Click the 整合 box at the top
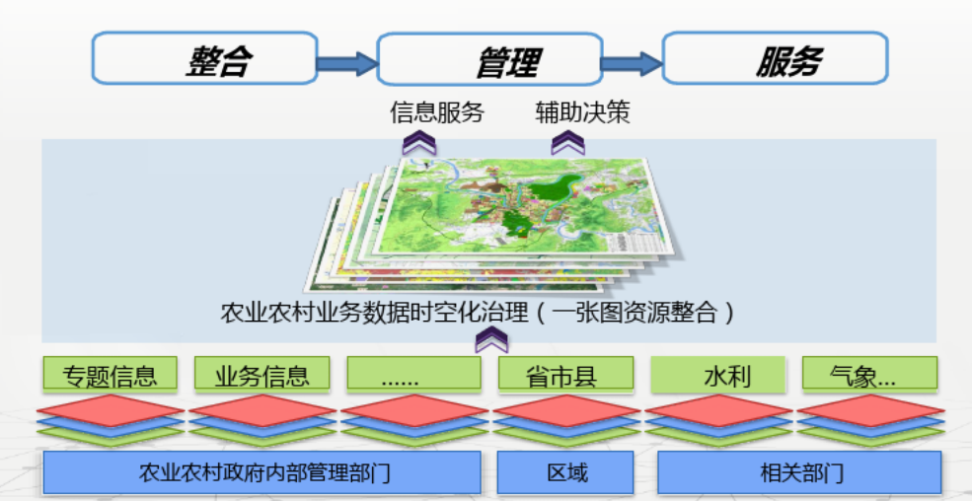click(x=204, y=58)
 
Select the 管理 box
click(x=489, y=58)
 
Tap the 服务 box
click(x=775, y=58)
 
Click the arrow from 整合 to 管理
click(x=347, y=62)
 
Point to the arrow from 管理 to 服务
click(x=633, y=62)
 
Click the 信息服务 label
click(x=437, y=112)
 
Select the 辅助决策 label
click(x=582, y=112)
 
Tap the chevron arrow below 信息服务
click(x=419, y=143)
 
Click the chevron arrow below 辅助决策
click(x=567, y=143)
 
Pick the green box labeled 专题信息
click(x=110, y=374)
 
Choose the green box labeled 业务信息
click(x=262, y=374)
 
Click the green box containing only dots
click(x=413, y=374)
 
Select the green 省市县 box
click(x=566, y=374)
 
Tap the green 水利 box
click(x=717, y=374)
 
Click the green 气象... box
click(x=869, y=374)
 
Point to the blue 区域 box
click(x=565, y=472)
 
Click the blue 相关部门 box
click(x=799, y=472)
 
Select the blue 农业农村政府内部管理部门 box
click(x=262, y=472)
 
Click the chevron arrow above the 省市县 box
click(x=491, y=339)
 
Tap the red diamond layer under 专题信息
click(x=110, y=410)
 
